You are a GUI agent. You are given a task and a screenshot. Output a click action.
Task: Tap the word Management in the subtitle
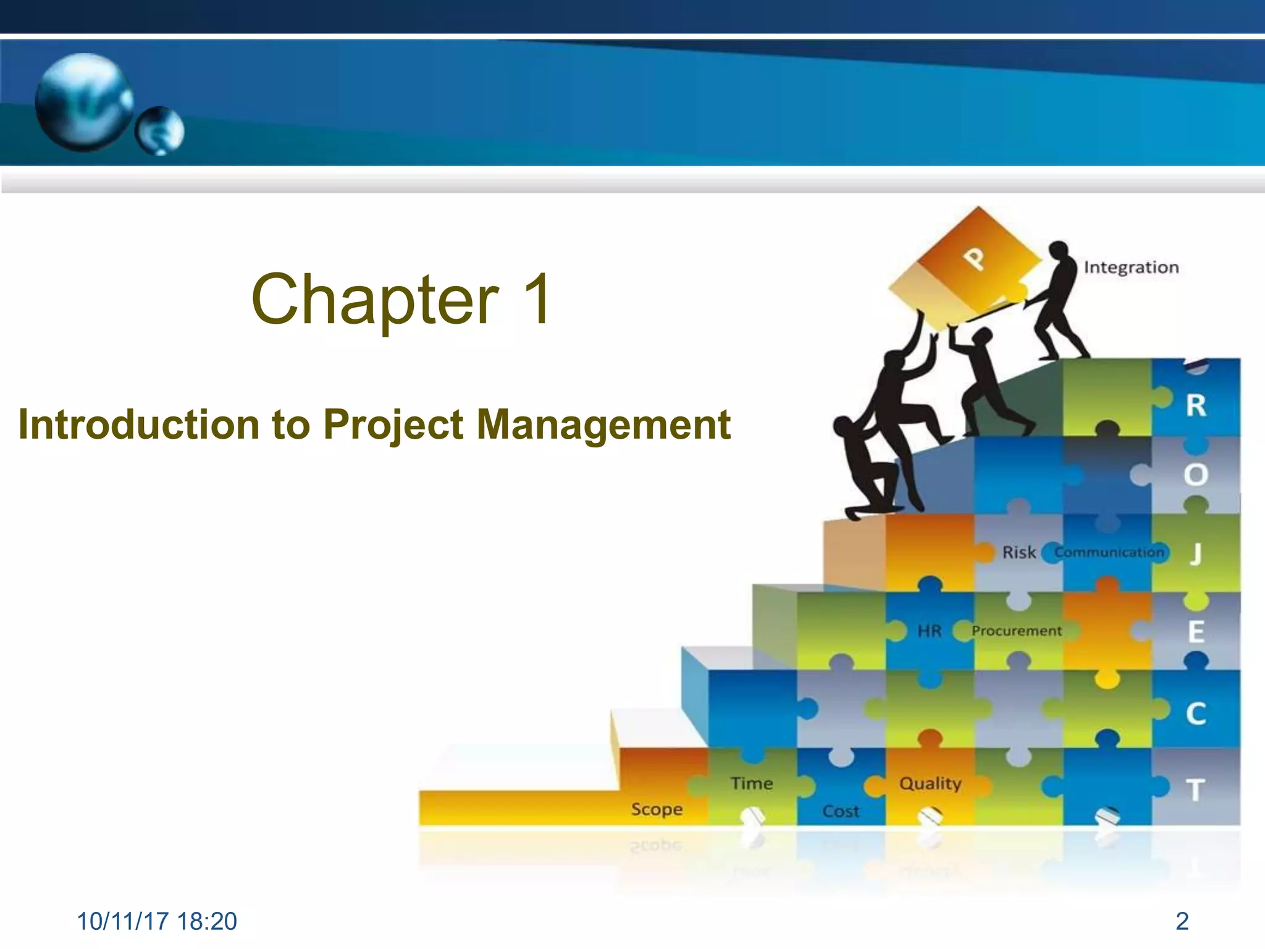pos(603,425)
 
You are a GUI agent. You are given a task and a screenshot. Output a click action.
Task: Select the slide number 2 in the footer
pos(1182,921)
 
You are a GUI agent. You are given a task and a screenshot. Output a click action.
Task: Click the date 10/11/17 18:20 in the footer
pos(156,921)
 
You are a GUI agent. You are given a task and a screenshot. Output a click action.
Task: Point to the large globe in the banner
pos(84,102)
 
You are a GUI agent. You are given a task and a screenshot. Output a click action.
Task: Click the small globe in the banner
pos(160,130)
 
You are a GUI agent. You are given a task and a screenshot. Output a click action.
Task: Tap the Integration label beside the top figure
pos(1131,268)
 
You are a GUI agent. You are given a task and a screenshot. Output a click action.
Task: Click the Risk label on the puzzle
pos(1019,552)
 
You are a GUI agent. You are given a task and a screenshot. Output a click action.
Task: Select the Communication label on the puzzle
pos(1109,552)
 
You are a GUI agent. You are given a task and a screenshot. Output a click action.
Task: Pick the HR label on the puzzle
pos(929,631)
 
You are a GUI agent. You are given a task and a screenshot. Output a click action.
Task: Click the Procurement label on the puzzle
pos(1016,631)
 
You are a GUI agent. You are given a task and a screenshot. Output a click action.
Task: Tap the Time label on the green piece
pos(751,783)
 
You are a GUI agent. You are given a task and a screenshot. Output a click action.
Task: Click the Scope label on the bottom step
pos(657,809)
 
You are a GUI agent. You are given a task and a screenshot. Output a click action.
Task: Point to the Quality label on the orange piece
pos(930,783)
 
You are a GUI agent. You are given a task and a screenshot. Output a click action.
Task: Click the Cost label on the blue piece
pos(841,811)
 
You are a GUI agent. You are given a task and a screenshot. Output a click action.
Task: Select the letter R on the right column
pos(1196,406)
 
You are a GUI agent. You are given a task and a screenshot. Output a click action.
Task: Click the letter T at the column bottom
pos(1195,790)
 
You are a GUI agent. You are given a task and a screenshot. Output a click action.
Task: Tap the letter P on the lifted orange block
pos(975,258)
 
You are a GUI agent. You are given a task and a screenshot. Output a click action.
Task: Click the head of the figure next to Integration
pos(1059,251)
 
